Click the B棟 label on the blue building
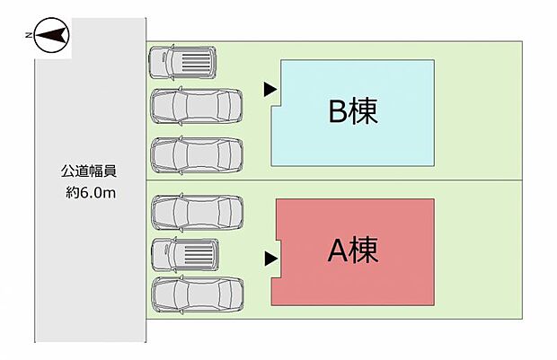click(x=353, y=112)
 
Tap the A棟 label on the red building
click(x=353, y=250)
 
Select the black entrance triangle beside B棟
click(x=269, y=89)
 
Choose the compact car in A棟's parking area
click(x=184, y=254)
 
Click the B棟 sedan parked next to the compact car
click(x=197, y=106)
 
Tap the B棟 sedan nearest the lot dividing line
click(x=197, y=154)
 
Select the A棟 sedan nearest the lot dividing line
click(x=197, y=213)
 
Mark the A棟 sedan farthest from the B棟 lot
click(x=197, y=294)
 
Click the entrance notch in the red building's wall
click(x=278, y=259)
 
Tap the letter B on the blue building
click(x=337, y=112)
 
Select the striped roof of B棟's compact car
click(x=195, y=63)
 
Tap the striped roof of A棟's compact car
click(x=198, y=254)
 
